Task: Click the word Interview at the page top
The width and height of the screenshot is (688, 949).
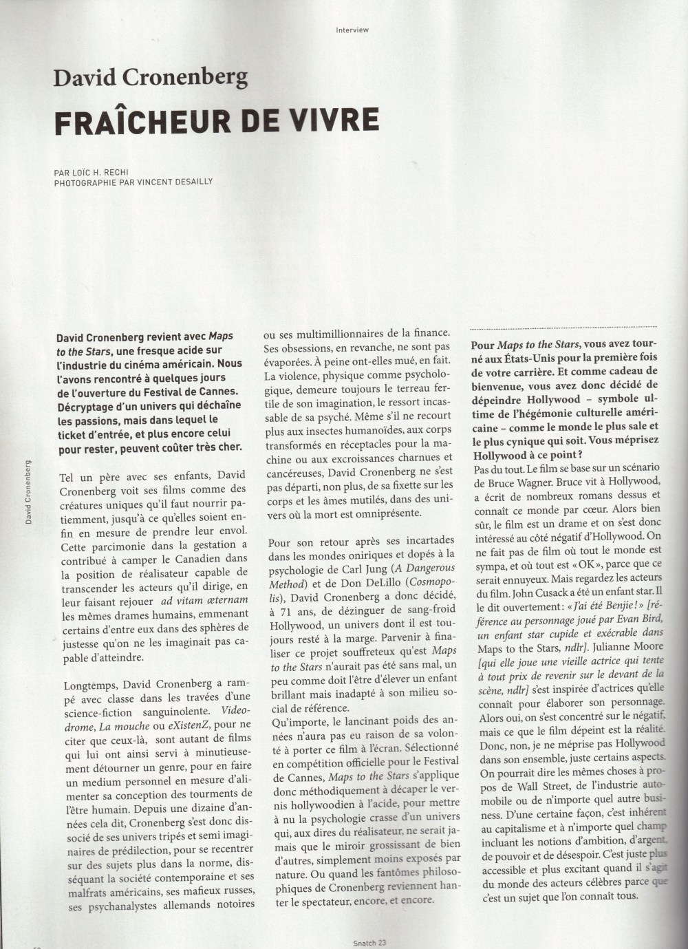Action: click(352, 30)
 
